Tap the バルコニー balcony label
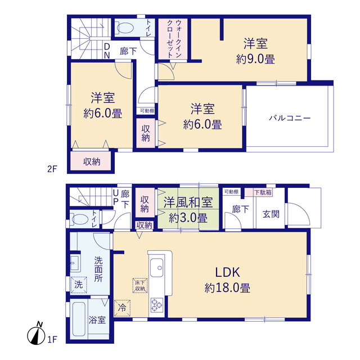pos(290,118)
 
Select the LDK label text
pos(227,272)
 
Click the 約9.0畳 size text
pos(255,59)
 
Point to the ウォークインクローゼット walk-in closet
pos(173,39)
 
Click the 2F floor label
pos(52,169)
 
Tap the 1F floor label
pos(52,339)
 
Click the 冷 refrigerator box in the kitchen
pos(122,308)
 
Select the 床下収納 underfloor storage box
pos(140,285)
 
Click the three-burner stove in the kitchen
pos(157,305)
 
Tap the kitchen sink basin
pos(157,268)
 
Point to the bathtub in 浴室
pos(79,319)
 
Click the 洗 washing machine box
pos(79,285)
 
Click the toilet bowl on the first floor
pos(79,219)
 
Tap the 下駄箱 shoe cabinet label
pos(263,192)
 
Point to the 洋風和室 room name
pos(188,202)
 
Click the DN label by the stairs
pos(107,51)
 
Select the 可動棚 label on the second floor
pos(147,111)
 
